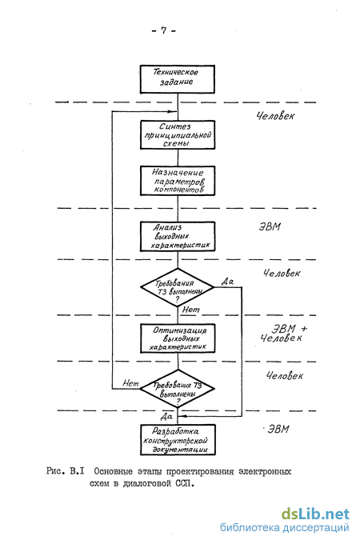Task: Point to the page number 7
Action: pos(164,30)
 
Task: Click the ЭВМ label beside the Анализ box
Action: pos(270,227)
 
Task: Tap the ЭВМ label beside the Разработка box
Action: pos(278,429)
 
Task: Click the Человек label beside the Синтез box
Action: pos(275,116)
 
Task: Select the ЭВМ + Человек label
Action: pos(284,333)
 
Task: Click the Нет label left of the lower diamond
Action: pos(130,383)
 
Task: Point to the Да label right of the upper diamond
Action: pos(227,282)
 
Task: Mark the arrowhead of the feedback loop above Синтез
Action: pos(173,112)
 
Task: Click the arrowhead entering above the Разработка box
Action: pos(182,416)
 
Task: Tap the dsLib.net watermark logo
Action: pos(315,514)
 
